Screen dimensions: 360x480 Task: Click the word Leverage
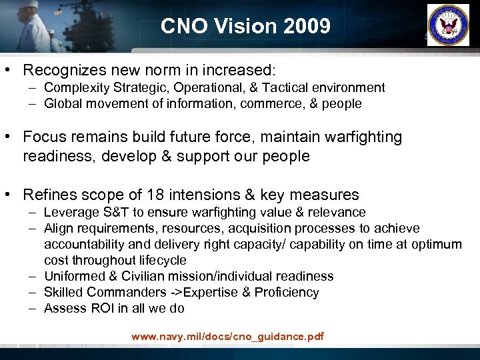click(x=69, y=212)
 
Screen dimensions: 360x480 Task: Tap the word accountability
click(x=85, y=244)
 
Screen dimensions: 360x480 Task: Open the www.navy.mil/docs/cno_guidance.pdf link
click(x=227, y=337)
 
